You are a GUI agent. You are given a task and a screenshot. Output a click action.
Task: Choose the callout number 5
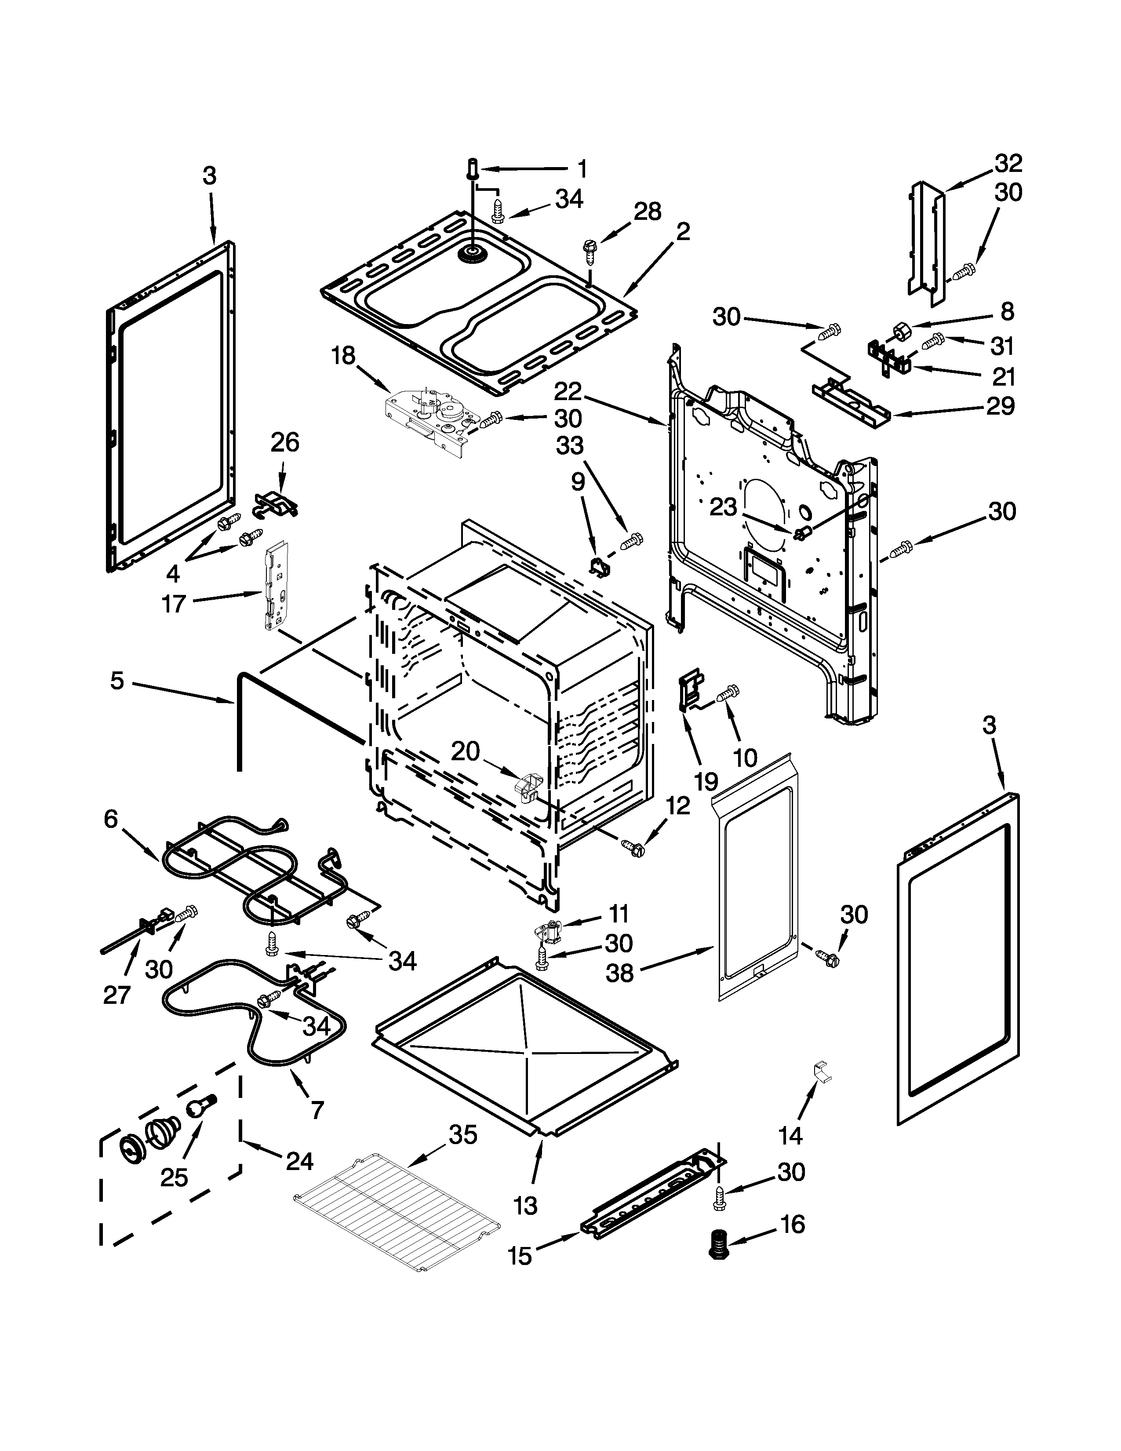(x=117, y=681)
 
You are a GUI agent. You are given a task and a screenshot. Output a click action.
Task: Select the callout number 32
(x=1008, y=163)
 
